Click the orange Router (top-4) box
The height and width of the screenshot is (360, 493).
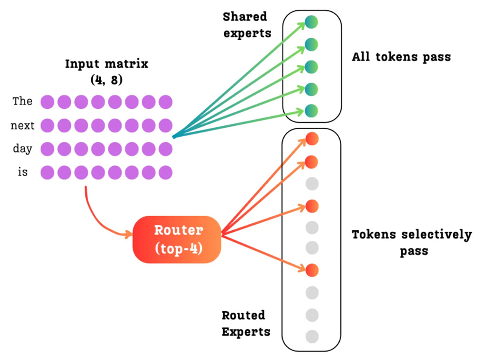(177, 239)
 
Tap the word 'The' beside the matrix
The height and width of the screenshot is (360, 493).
(22, 101)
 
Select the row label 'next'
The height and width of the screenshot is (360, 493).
(22, 125)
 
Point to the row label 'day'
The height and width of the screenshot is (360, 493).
(22, 149)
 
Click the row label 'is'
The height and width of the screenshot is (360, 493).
(22, 172)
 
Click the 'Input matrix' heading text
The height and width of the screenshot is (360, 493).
(106, 64)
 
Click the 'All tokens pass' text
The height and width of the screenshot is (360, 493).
(401, 57)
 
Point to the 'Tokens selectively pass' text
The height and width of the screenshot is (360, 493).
(412, 242)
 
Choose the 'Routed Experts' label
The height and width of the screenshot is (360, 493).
(246, 323)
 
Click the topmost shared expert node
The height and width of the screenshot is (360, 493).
(311, 22)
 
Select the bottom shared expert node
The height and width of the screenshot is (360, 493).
(311, 111)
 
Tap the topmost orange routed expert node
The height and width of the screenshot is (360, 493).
(312, 139)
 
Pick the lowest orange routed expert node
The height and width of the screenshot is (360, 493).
(312, 270)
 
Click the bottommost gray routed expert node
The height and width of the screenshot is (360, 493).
(312, 337)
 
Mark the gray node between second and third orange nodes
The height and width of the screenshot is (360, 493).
(312, 184)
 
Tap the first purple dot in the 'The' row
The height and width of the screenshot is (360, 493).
(47, 102)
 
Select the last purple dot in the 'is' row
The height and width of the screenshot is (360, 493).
(166, 172)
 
